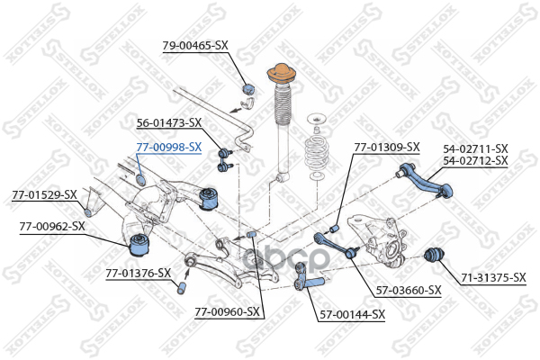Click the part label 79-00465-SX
(x=195, y=44)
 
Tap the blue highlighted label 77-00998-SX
(x=168, y=146)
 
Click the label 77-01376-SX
(x=138, y=272)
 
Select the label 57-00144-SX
(x=352, y=314)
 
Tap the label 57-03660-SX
(x=409, y=290)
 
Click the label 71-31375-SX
(x=493, y=277)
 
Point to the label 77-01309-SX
(x=387, y=146)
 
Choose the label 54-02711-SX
(x=475, y=148)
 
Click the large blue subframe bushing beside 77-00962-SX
(x=141, y=242)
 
